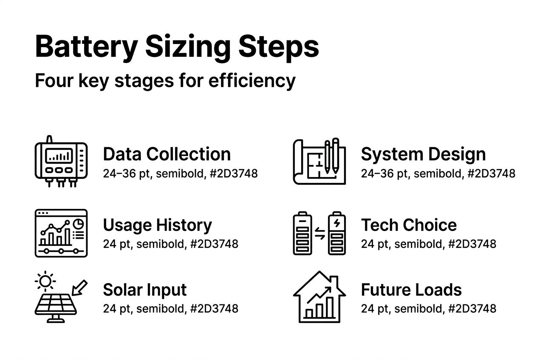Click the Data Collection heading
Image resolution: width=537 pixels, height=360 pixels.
[167, 154]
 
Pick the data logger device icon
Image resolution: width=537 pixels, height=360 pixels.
[61, 162]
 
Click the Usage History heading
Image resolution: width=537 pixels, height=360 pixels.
[157, 225]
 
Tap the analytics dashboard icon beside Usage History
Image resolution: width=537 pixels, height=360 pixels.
[61, 233]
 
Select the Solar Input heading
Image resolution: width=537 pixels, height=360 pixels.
[145, 290]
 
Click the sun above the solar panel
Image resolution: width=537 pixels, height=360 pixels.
[45, 281]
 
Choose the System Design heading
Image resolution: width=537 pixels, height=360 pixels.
[423, 154]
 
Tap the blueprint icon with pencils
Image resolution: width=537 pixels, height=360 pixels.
[319, 162]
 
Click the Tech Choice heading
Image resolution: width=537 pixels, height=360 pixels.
[409, 225]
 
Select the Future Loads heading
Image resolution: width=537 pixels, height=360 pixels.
[411, 290]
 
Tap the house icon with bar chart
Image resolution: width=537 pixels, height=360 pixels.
[319, 297]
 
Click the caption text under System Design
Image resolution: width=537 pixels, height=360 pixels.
[438, 173]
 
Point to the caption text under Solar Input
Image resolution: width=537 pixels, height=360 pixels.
[170, 309]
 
